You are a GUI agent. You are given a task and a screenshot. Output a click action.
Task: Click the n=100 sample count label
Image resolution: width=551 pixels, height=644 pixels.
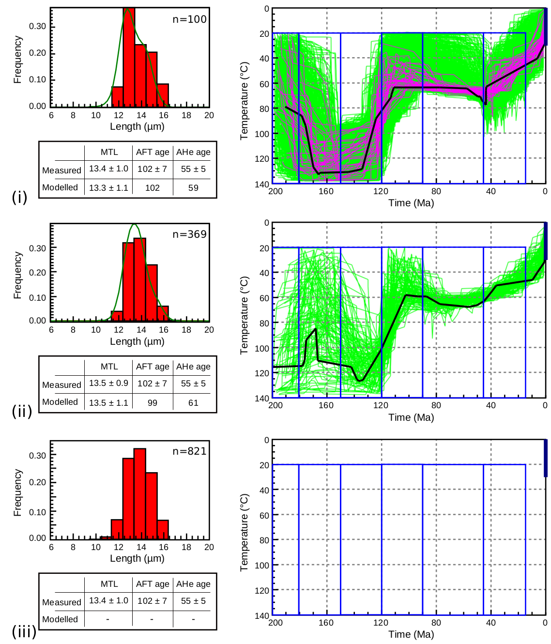click(x=189, y=19)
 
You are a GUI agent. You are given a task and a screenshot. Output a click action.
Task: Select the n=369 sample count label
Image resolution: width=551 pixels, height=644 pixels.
click(x=189, y=234)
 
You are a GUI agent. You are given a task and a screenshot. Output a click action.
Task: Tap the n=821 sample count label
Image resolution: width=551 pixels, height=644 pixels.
click(x=189, y=451)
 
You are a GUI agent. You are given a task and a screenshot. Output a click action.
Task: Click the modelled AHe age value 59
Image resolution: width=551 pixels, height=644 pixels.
click(x=193, y=188)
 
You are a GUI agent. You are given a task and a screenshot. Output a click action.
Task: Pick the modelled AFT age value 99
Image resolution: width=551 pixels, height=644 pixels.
click(x=153, y=403)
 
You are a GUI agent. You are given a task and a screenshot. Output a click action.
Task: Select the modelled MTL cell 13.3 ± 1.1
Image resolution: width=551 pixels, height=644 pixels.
click(x=108, y=188)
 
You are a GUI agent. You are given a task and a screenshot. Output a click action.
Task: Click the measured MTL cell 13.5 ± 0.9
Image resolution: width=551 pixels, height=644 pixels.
click(x=108, y=383)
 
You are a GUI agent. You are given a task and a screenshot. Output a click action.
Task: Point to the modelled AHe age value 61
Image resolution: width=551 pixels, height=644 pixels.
click(x=193, y=403)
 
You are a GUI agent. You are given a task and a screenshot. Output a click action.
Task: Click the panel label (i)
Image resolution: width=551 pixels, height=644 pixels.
click(x=19, y=197)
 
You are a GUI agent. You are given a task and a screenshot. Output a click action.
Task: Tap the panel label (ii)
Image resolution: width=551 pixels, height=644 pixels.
click(x=22, y=412)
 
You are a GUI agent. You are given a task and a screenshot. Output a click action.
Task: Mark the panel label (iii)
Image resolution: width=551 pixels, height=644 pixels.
click(x=24, y=631)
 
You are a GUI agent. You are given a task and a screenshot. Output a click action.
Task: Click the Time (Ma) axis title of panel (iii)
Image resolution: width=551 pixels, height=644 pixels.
click(x=411, y=634)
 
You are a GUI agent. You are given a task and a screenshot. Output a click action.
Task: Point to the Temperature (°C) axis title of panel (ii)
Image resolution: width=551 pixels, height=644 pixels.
click(x=245, y=315)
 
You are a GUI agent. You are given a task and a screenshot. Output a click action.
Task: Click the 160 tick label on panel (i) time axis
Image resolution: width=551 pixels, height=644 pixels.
click(x=326, y=191)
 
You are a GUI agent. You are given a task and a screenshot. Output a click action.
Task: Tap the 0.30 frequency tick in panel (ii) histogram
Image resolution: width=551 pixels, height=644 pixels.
click(x=37, y=248)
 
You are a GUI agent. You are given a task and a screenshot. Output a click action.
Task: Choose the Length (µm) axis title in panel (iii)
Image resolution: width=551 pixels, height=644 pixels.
click(x=137, y=558)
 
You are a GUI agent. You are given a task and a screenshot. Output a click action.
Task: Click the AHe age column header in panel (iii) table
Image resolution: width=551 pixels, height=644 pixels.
click(x=193, y=584)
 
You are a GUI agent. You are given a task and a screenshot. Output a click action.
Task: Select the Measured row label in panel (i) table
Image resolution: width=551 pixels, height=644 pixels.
click(x=61, y=170)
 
